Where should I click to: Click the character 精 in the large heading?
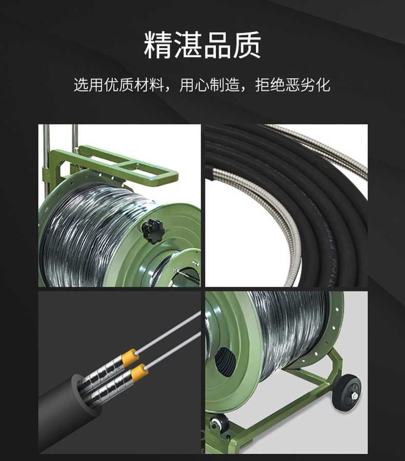pos(158,45)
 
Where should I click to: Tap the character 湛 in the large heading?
pos(188,45)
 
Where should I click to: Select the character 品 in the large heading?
pos(217,45)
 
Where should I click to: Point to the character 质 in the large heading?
pos(247,45)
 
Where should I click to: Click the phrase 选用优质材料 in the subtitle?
pos(119,85)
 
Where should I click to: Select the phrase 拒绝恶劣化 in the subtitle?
pos(293,85)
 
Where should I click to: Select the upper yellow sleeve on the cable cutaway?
pos(131,357)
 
